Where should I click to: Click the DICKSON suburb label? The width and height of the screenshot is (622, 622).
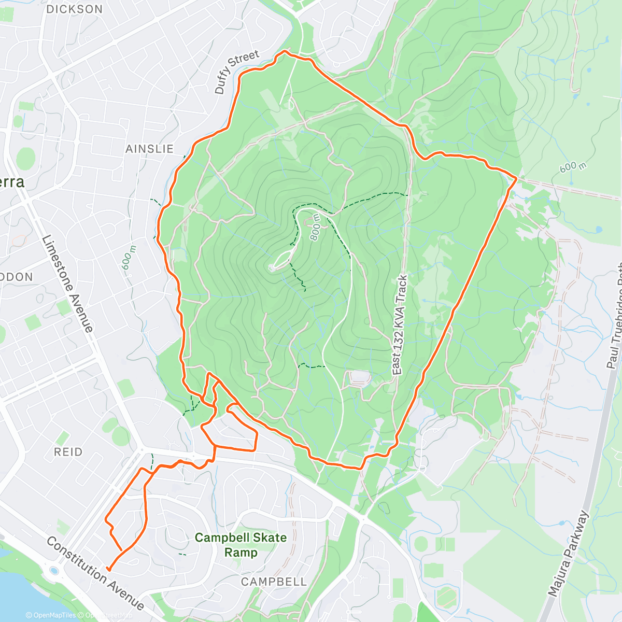(75, 9)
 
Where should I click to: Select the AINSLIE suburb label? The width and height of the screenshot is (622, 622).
(149, 149)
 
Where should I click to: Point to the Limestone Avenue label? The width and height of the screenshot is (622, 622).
(67, 283)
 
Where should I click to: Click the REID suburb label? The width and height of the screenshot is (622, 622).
(68, 452)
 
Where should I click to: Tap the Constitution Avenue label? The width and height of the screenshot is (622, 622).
(95, 573)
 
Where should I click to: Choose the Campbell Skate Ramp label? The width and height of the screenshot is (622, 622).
(241, 544)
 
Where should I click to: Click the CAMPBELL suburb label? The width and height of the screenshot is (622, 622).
(274, 582)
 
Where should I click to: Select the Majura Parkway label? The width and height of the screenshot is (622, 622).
(569, 554)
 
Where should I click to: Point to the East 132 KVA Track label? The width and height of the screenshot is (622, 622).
(400, 326)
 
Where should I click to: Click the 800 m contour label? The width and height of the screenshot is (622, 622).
(316, 229)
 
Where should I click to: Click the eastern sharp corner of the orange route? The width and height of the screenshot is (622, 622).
(516, 178)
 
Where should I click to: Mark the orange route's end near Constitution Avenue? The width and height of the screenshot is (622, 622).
(108, 569)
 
